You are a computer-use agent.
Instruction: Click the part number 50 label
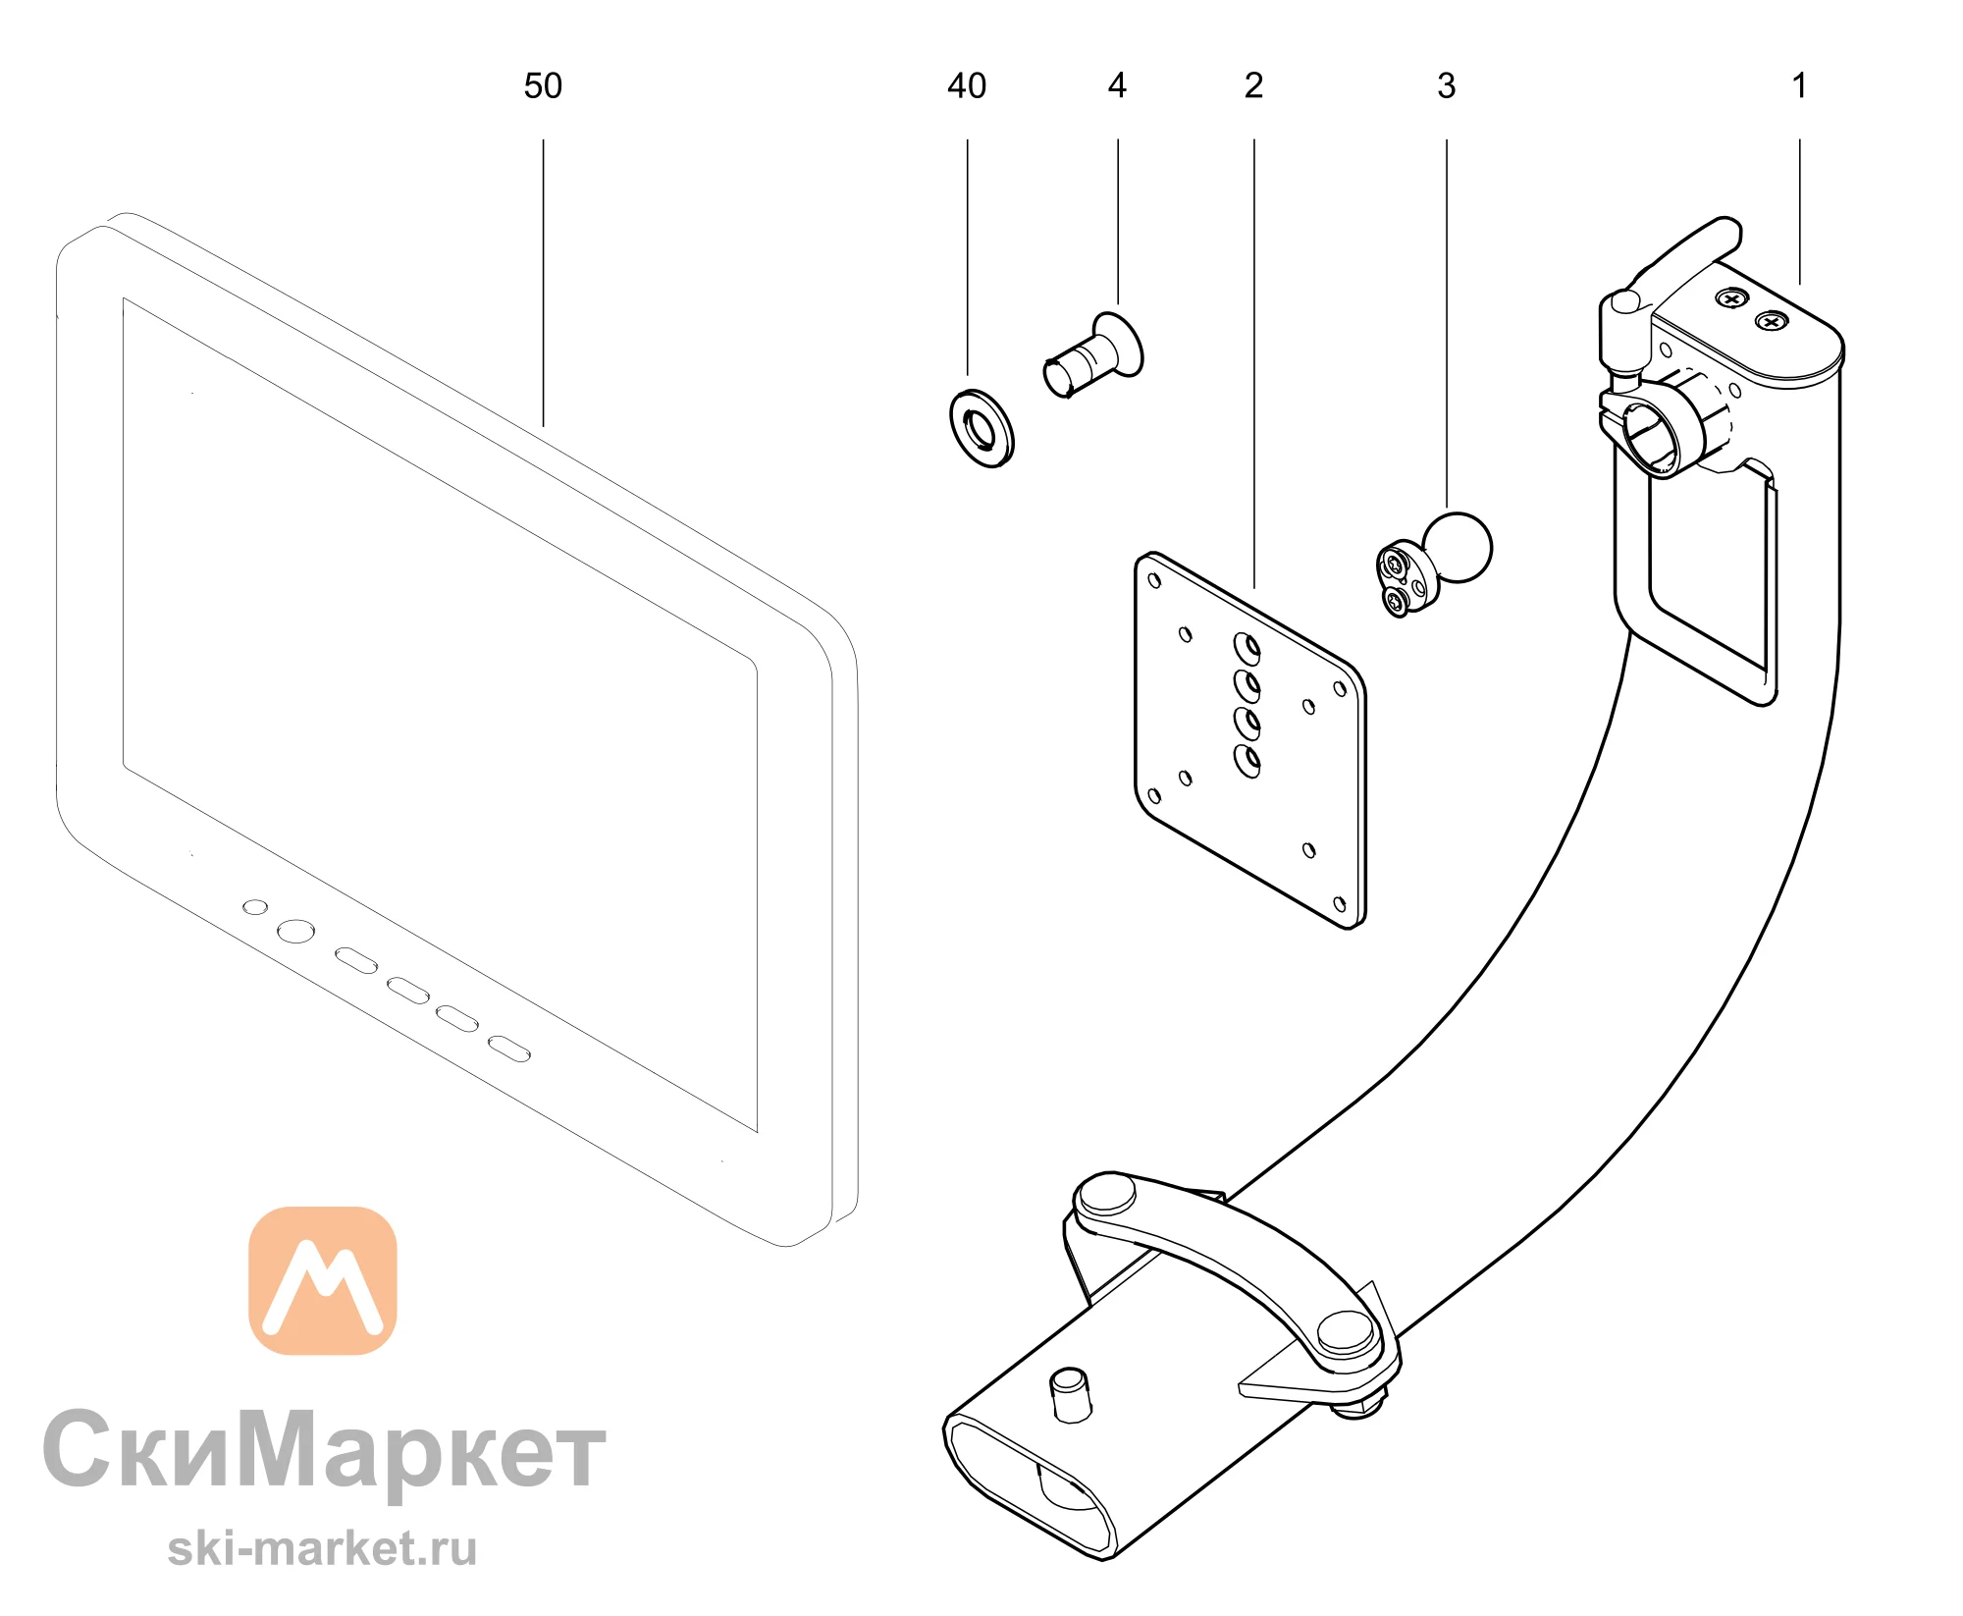click(543, 86)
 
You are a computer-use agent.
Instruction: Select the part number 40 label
click(967, 86)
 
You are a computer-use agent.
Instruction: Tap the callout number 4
click(1117, 86)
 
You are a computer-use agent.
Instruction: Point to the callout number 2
click(1253, 86)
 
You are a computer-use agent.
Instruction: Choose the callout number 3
click(1446, 86)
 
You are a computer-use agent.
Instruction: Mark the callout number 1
click(1799, 86)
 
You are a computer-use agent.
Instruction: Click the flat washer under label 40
click(981, 428)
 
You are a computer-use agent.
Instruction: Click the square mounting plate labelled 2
click(1249, 740)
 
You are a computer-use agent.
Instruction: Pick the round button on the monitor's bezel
click(295, 931)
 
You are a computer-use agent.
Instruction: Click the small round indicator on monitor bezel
click(255, 907)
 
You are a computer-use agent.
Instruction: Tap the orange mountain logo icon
click(323, 1280)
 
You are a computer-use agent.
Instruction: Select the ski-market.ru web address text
click(322, 1550)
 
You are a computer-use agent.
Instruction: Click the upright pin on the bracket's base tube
click(1071, 1395)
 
